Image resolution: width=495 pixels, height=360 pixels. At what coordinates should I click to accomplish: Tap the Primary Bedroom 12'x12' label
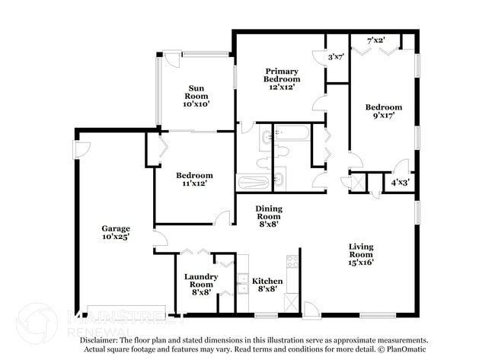tap(282, 78)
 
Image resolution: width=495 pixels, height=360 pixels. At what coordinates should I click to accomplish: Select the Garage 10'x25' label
tap(117, 232)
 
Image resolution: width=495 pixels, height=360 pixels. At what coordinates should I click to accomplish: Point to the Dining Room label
tap(268, 216)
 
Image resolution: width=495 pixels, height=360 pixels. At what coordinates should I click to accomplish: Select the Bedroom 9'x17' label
tap(383, 112)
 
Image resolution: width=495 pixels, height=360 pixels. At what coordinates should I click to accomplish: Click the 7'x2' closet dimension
tap(375, 40)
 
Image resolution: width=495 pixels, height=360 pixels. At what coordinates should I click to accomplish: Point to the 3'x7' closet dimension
tap(336, 56)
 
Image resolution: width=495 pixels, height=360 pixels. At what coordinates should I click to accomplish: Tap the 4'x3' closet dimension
tap(399, 183)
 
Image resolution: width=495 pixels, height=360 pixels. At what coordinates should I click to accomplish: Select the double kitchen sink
tap(243, 288)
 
